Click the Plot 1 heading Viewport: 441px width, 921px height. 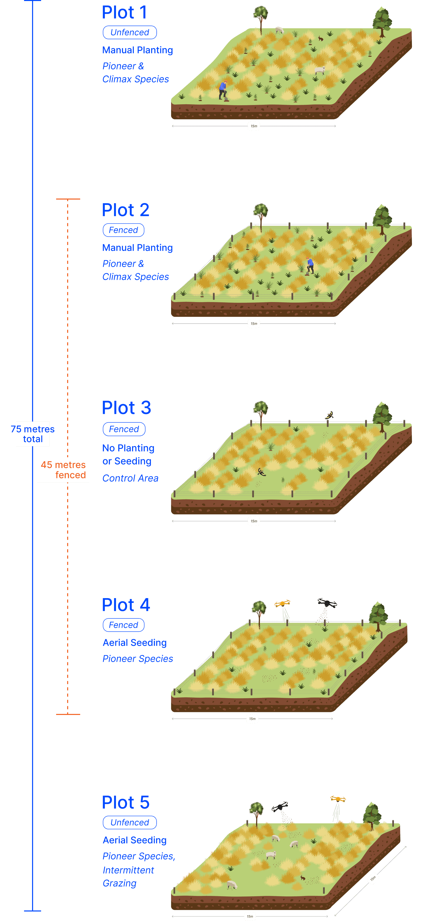click(124, 13)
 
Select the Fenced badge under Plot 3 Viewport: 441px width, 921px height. click(124, 429)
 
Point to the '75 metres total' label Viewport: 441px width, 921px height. click(33, 434)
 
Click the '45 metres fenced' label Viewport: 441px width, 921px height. click(63, 470)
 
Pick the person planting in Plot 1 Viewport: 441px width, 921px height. click(223, 90)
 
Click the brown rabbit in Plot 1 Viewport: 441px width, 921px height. click(320, 39)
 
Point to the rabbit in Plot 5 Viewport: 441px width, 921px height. click(303, 878)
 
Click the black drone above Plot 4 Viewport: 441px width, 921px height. click(327, 603)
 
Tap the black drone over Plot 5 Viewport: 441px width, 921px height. click(280, 807)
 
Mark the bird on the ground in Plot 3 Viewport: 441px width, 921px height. click(262, 473)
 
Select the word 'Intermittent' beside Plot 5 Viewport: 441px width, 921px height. click(128, 870)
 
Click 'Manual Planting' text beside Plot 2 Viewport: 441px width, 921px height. click(137, 248)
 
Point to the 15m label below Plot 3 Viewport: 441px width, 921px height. click(254, 521)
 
